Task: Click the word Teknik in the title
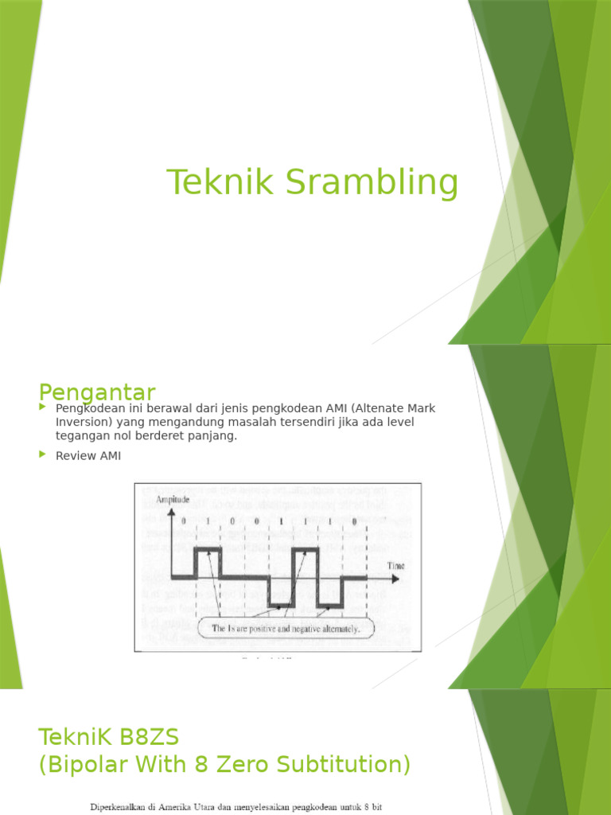(x=214, y=182)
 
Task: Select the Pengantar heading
(x=97, y=392)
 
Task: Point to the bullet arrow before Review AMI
(x=44, y=454)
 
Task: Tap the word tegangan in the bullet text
(x=82, y=435)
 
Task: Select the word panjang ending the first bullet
(x=215, y=435)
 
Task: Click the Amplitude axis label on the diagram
(x=173, y=499)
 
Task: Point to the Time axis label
(x=395, y=565)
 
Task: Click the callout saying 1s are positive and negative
(x=285, y=629)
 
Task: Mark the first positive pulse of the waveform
(x=208, y=549)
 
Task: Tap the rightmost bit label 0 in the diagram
(x=354, y=521)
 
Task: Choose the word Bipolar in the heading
(x=99, y=765)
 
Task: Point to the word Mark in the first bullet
(x=418, y=408)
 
